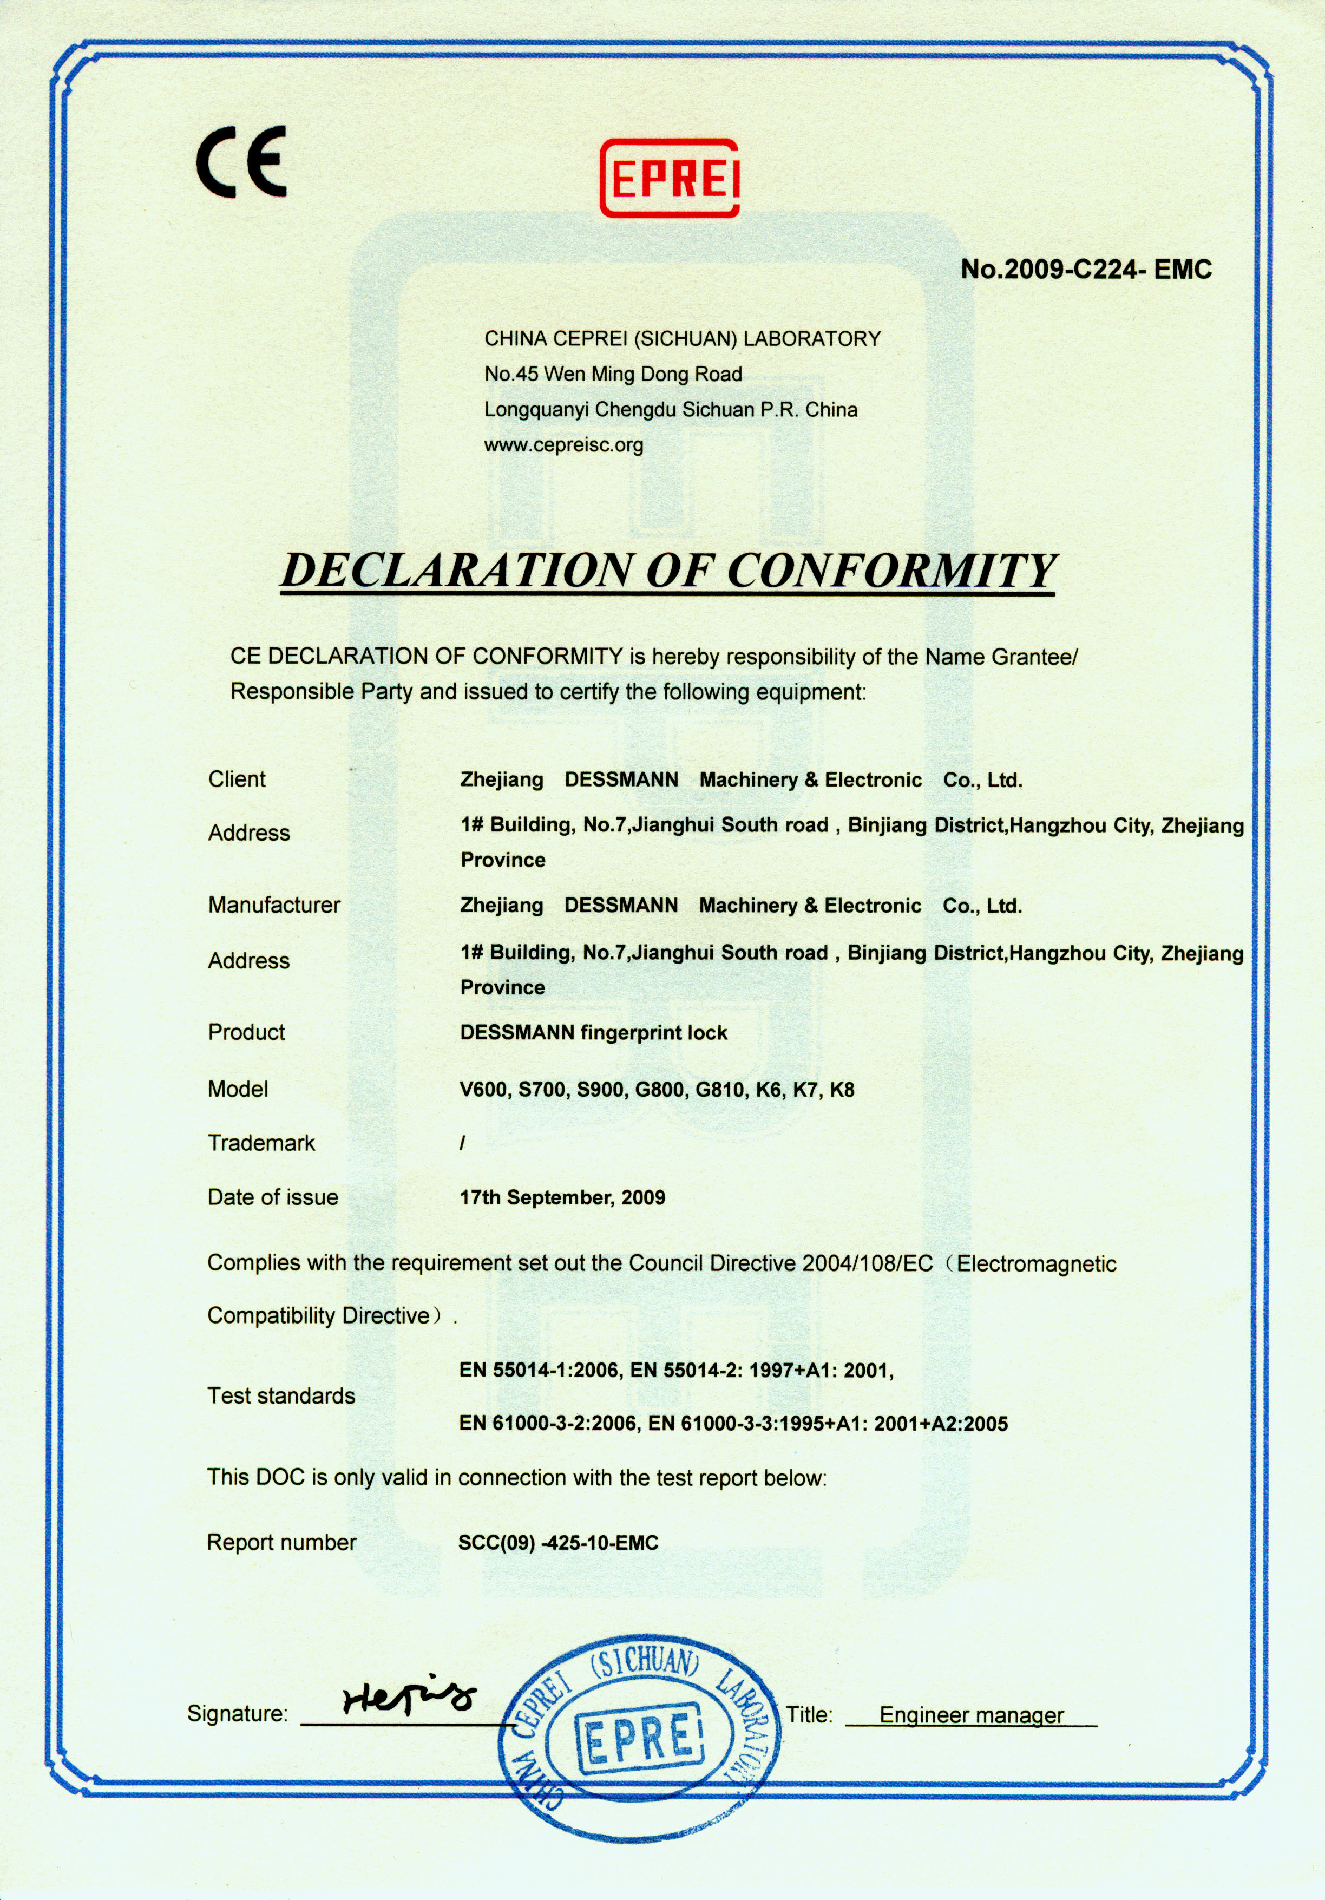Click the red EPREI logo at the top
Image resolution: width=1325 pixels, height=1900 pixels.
point(668,178)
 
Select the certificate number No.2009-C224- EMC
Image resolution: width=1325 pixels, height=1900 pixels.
point(1086,269)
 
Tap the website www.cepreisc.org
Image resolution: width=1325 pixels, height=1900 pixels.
point(563,445)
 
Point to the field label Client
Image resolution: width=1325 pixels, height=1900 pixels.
point(237,779)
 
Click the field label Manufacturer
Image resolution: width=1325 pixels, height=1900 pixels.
point(274,905)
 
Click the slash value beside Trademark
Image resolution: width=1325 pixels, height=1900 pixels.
point(463,1143)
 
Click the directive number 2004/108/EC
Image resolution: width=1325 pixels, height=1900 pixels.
point(867,1263)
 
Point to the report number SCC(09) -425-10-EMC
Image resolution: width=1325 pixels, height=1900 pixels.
point(558,1543)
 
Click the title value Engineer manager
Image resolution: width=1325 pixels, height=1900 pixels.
point(971,1715)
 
